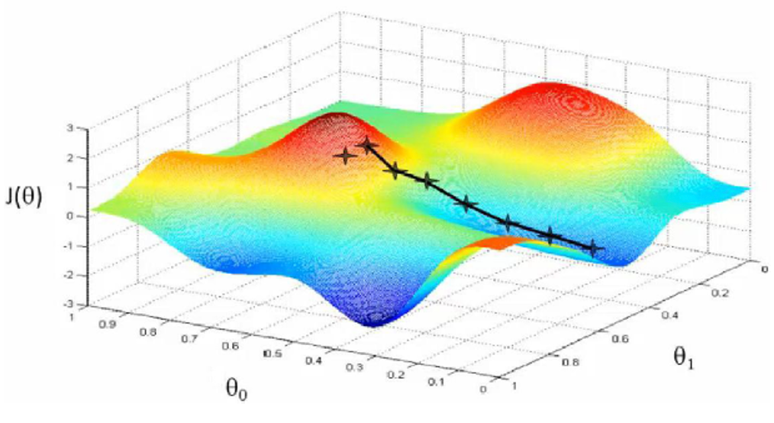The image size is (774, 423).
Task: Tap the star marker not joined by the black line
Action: (x=344, y=156)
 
